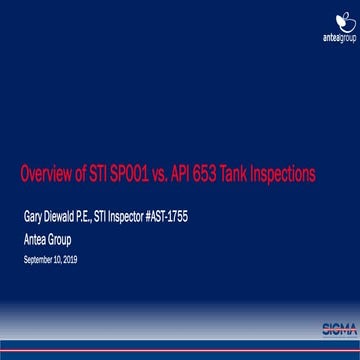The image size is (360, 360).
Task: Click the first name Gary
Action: (33, 213)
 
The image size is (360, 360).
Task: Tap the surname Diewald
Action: (64, 213)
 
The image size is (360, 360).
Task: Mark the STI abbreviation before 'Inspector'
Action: (108, 213)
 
